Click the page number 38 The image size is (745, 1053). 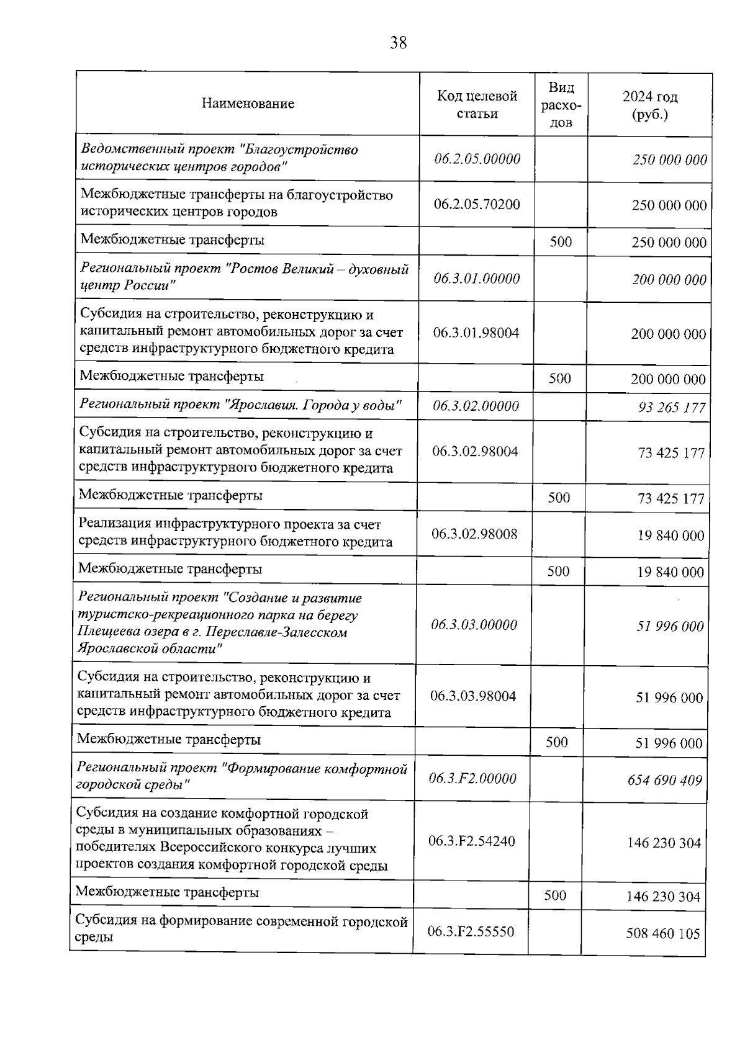point(398,43)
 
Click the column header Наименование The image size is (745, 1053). point(248,104)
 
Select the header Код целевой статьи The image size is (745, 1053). point(477,104)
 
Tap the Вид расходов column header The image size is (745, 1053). point(561,104)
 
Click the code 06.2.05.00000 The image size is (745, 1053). point(477,159)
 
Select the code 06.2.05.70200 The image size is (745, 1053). point(477,204)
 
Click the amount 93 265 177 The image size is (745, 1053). point(672,408)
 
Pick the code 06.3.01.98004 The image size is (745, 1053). point(476,333)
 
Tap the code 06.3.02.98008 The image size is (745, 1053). point(474,534)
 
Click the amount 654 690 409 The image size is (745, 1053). point(665,780)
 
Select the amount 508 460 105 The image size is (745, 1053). point(663,933)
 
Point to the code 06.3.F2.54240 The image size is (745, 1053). point(471,841)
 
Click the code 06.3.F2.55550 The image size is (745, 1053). point(471,931)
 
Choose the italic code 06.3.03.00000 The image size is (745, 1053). point(474,625)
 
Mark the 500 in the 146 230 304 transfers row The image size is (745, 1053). point(555,895)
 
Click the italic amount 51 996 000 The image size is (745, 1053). point(670,627)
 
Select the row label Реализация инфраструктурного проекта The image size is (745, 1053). point(230,525)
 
